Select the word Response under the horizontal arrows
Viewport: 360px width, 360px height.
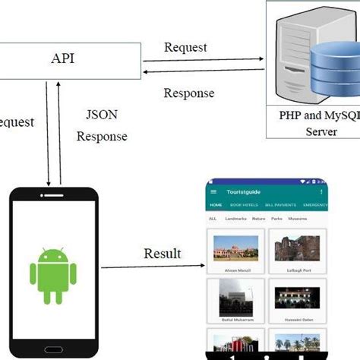point(189,93)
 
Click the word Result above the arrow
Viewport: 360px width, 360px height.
point(163,253)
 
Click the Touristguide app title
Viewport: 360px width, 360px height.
point(243,192)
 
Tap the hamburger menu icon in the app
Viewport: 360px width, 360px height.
point(213,192)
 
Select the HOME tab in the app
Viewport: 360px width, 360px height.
point(216,205)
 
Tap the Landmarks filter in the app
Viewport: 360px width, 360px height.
point(235,219)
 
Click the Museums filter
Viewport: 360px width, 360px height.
point(298,219)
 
